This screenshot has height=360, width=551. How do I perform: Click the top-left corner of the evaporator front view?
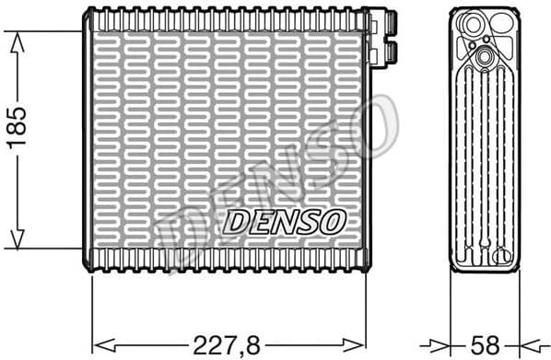[87, 11]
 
